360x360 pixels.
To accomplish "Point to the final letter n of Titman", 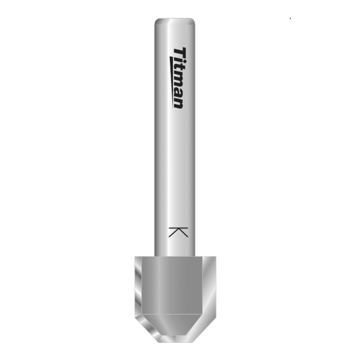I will tap(179, 103).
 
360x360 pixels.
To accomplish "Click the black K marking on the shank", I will tap(178, 232).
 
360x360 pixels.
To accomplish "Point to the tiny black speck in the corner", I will tap(290, 18).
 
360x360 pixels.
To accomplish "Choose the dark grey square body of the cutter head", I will tap(174, 285).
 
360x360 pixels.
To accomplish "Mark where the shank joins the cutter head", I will tap(175, 256).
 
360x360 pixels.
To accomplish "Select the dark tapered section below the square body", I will tap(174, 325).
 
